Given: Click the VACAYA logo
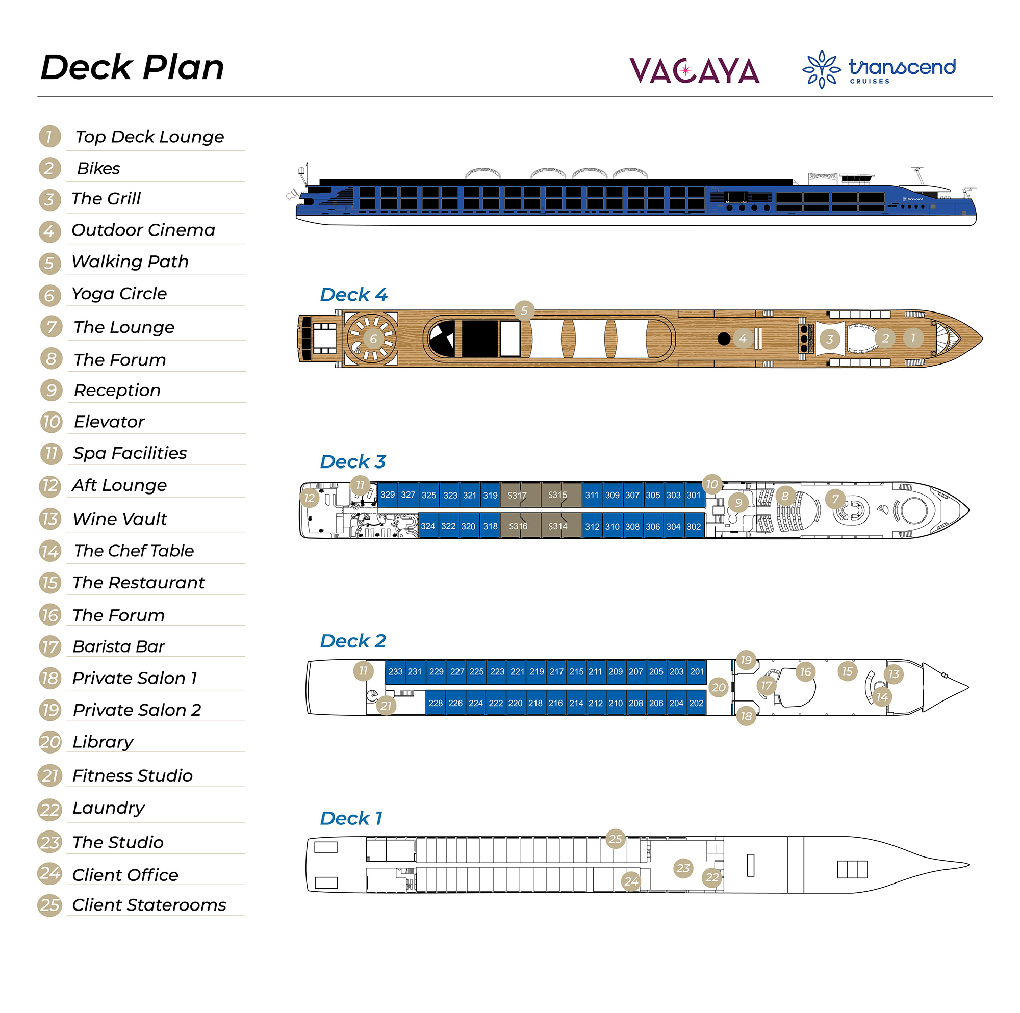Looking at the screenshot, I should pyautogui.click(x=694, y=71).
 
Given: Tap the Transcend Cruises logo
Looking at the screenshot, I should pyautogui.click(x=879, y=69).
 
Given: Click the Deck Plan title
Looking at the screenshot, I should pyautogui.click(x=132, y=68).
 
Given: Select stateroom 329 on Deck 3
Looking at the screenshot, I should pyautogui.click(x=388, y=495).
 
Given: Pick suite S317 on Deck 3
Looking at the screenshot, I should pyautogui.click(x=517, y=495).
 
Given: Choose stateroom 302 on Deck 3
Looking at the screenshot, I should pyautogui.click(x=693, y=526).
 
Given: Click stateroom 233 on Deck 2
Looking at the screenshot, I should pyautogui.click(x=395, y=671).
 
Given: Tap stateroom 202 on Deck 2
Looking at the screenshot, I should pyautogui.click(x=696, y=703).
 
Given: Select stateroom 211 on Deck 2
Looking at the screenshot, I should pyautogui.click(x=595, y=671).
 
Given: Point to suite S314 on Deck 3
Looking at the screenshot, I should pyautogui.click(x=557, y=526).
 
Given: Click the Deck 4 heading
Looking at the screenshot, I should pyautogui.click(x=353, y=295).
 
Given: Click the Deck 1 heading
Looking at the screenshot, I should pyautogui.click(x=350, y=818).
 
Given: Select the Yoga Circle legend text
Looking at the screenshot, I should pyautogui.click(x=119, y=294).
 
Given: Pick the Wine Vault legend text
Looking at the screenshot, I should pyautogui.click(x=120, y=519).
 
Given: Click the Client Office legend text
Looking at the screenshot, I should pyautogui.click(x=125, y=875).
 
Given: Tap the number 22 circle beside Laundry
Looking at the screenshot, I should pyautogui.click(x=49, y=809).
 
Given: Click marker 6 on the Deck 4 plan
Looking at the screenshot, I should pyautogui.click(x=373, y=339).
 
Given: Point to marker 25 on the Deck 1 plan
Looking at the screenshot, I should pyautogui.click(x=615, y=838).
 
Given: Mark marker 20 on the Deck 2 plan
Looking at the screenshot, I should pyautogui.click(x=718, y=687).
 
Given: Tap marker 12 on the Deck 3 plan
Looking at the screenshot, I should pyautogui.click(x=310, y=497).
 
